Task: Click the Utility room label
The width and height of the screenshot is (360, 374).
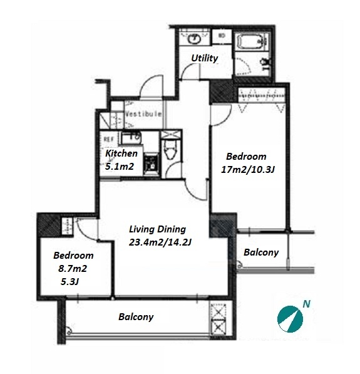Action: [x=205, y=58]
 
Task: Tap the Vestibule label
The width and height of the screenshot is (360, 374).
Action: [x=143, y=114]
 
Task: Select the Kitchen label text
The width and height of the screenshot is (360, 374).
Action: [x=121, y=153]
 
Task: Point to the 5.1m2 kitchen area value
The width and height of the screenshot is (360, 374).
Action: [x=120, y=167]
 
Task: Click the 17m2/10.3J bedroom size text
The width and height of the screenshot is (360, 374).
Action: [x=248, y=170]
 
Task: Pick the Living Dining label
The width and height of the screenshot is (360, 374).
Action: [x=157, y=229]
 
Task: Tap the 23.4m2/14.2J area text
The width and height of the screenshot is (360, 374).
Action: [x=160, y=242]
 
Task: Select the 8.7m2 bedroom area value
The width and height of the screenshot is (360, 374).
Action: [x=73, y=269]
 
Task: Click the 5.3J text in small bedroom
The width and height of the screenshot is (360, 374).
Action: [x=69, y=282]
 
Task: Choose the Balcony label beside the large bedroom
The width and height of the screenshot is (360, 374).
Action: [x=261, y=252]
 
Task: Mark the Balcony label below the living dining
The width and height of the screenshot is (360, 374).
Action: [x=136, y=317]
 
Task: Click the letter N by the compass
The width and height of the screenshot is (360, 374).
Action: [x=306, y=304]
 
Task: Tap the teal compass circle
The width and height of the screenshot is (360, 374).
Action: [x=290, y=319]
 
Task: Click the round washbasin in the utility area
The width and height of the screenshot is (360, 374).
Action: [x=195, y=38]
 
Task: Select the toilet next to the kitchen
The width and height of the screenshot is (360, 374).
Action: [x=170, y=149]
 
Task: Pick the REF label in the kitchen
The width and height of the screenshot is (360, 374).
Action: [x=108, y=139]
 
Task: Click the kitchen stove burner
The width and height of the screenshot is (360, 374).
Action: [x=151, y=164]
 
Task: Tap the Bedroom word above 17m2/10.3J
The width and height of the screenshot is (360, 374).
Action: [x=246, y=157]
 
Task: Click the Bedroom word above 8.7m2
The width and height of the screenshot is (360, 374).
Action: [x=73, y=256]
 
